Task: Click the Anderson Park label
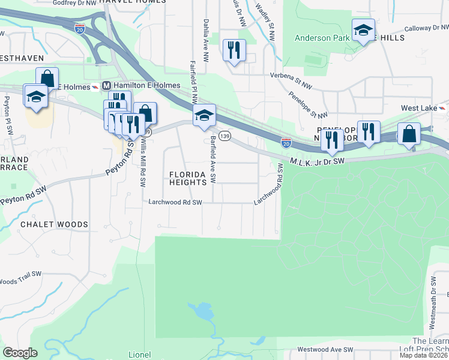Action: (322, 38)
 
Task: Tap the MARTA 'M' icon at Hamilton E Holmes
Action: (106, 86)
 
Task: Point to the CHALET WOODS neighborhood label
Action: (54, 224)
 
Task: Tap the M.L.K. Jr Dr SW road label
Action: (316, 161)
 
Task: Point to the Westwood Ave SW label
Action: (325, 349)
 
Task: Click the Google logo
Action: (20, 353)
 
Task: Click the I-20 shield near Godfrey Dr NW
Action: (79, 28)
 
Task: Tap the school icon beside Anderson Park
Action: (363, 31)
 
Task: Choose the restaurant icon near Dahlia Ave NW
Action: (234, 49)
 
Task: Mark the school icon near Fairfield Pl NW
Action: (204, 116)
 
